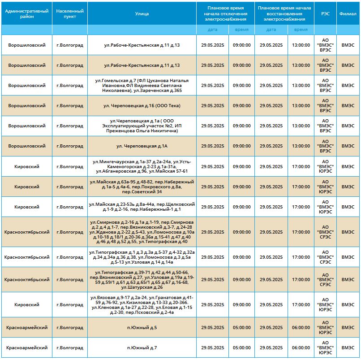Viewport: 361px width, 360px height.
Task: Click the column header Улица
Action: (x=142, y=13)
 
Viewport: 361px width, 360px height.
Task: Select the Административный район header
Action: (x=27, y=13)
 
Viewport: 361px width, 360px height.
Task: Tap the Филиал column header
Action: (x=348, y=13)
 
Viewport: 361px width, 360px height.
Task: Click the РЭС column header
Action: (x=325, y=13)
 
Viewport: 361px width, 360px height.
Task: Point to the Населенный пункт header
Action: (x=70, y=13)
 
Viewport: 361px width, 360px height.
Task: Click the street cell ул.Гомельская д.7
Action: (x=142, y=86)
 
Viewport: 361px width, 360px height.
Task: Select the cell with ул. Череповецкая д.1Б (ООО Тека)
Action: (x=142, y=105)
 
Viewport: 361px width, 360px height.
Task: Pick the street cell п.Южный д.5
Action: (x=142, y=328)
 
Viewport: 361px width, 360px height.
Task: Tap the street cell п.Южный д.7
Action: (x=142, y=347)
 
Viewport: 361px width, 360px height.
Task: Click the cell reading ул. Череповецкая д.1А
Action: (x=142, y=146)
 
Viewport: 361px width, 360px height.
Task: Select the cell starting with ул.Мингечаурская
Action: (x=142, y=166)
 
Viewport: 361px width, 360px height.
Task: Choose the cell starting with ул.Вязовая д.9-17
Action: (x=142, y=305)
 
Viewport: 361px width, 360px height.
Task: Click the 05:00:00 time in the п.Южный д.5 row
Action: (x=241, y=328)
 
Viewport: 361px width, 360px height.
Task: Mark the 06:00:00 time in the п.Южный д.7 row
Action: (x=301, y=347)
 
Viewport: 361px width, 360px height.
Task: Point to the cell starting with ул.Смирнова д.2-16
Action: (x=142, y=232)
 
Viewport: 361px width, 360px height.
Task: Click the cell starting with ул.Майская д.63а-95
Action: (x=142, y=187)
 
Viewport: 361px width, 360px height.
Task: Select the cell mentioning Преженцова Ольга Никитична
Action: (x=142, y=126)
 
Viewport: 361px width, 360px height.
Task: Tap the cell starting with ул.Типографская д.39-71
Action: (x=142, y=280)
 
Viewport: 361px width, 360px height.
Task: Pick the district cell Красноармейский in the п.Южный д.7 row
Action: (x=27, y=347)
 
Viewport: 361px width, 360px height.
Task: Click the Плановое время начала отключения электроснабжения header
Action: (x=225, y=13)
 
